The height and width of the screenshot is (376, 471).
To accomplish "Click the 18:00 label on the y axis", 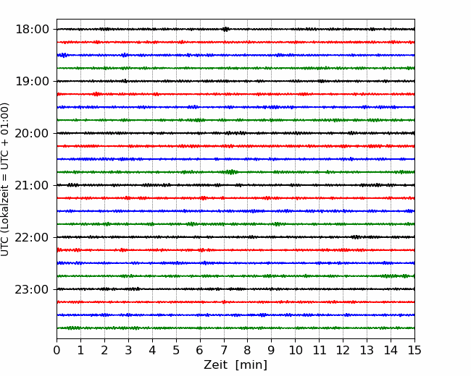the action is coord(32,30).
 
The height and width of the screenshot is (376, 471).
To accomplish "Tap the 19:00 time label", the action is coord(32,81).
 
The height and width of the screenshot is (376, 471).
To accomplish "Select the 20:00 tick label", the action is coord(32,133).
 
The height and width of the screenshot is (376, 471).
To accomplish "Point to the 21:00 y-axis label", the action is coord(32,185).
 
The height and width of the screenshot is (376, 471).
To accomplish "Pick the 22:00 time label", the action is coord(32,237).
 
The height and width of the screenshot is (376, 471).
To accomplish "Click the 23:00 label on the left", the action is coord(32,289).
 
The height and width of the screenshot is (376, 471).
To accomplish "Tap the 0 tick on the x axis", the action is coord(57,350).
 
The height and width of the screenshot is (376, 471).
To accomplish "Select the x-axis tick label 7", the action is coord(224,350).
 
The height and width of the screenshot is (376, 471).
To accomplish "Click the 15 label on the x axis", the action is coord(414,350).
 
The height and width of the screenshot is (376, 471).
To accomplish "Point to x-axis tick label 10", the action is coord(295,350).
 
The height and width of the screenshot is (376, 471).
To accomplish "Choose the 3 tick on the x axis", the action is coord(128,350).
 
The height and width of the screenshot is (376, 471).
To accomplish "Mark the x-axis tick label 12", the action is coord(343,350).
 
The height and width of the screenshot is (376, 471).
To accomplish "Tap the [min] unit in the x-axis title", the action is coord(251,365).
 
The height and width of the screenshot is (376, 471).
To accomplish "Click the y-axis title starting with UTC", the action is coord(4,179).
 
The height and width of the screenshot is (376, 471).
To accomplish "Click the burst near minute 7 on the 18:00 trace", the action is coord(225,29).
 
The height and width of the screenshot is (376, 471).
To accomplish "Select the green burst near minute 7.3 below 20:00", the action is coord(231,172).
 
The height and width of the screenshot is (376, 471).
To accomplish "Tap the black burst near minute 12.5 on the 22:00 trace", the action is coord(356,237).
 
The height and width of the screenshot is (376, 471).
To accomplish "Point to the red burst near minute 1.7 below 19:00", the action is coord(96,94).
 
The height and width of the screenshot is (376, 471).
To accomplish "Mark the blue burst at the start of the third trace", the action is coord(63,55).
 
